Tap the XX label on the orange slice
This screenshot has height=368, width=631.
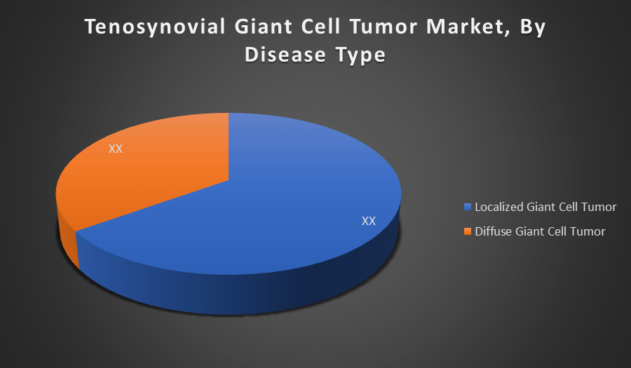point(116,149)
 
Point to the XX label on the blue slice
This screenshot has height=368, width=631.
point(369,221)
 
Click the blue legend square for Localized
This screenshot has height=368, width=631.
point(468,207)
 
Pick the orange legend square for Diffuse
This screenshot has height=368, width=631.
point(468,231)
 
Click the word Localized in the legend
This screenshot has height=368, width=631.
point(499,207)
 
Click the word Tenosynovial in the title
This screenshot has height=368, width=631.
point(155,27)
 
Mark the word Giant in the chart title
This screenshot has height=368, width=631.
point(264,27)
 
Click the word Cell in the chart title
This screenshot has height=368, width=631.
point(322,27)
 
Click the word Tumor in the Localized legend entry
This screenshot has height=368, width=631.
point(599,207)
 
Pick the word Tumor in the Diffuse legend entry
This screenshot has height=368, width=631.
point(589,231)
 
